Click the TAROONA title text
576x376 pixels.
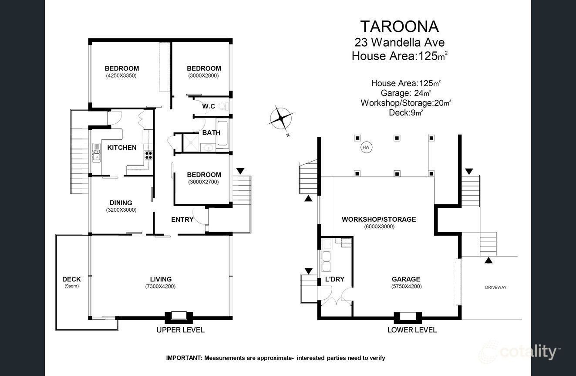point(399,27)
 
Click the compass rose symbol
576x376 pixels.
point(281,118)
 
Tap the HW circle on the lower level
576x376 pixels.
point(366,148)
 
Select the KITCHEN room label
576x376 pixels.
point(122,148)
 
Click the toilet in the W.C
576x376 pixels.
point(222,106)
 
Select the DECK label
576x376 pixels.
point(71,279)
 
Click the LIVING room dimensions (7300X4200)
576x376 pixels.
point(160,286)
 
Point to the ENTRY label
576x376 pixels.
point(182,220)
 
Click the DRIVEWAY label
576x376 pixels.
point(495,287)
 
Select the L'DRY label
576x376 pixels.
point(335,279)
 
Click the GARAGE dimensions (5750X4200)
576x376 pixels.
point(406,286)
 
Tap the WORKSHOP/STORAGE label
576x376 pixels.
point(379,219)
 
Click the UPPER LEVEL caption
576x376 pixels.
point(180,330)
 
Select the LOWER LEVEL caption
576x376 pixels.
point(412,330)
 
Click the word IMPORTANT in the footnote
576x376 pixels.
point(183,358)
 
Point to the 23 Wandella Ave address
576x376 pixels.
point(399,42)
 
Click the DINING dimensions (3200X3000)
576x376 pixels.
point(121,210)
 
